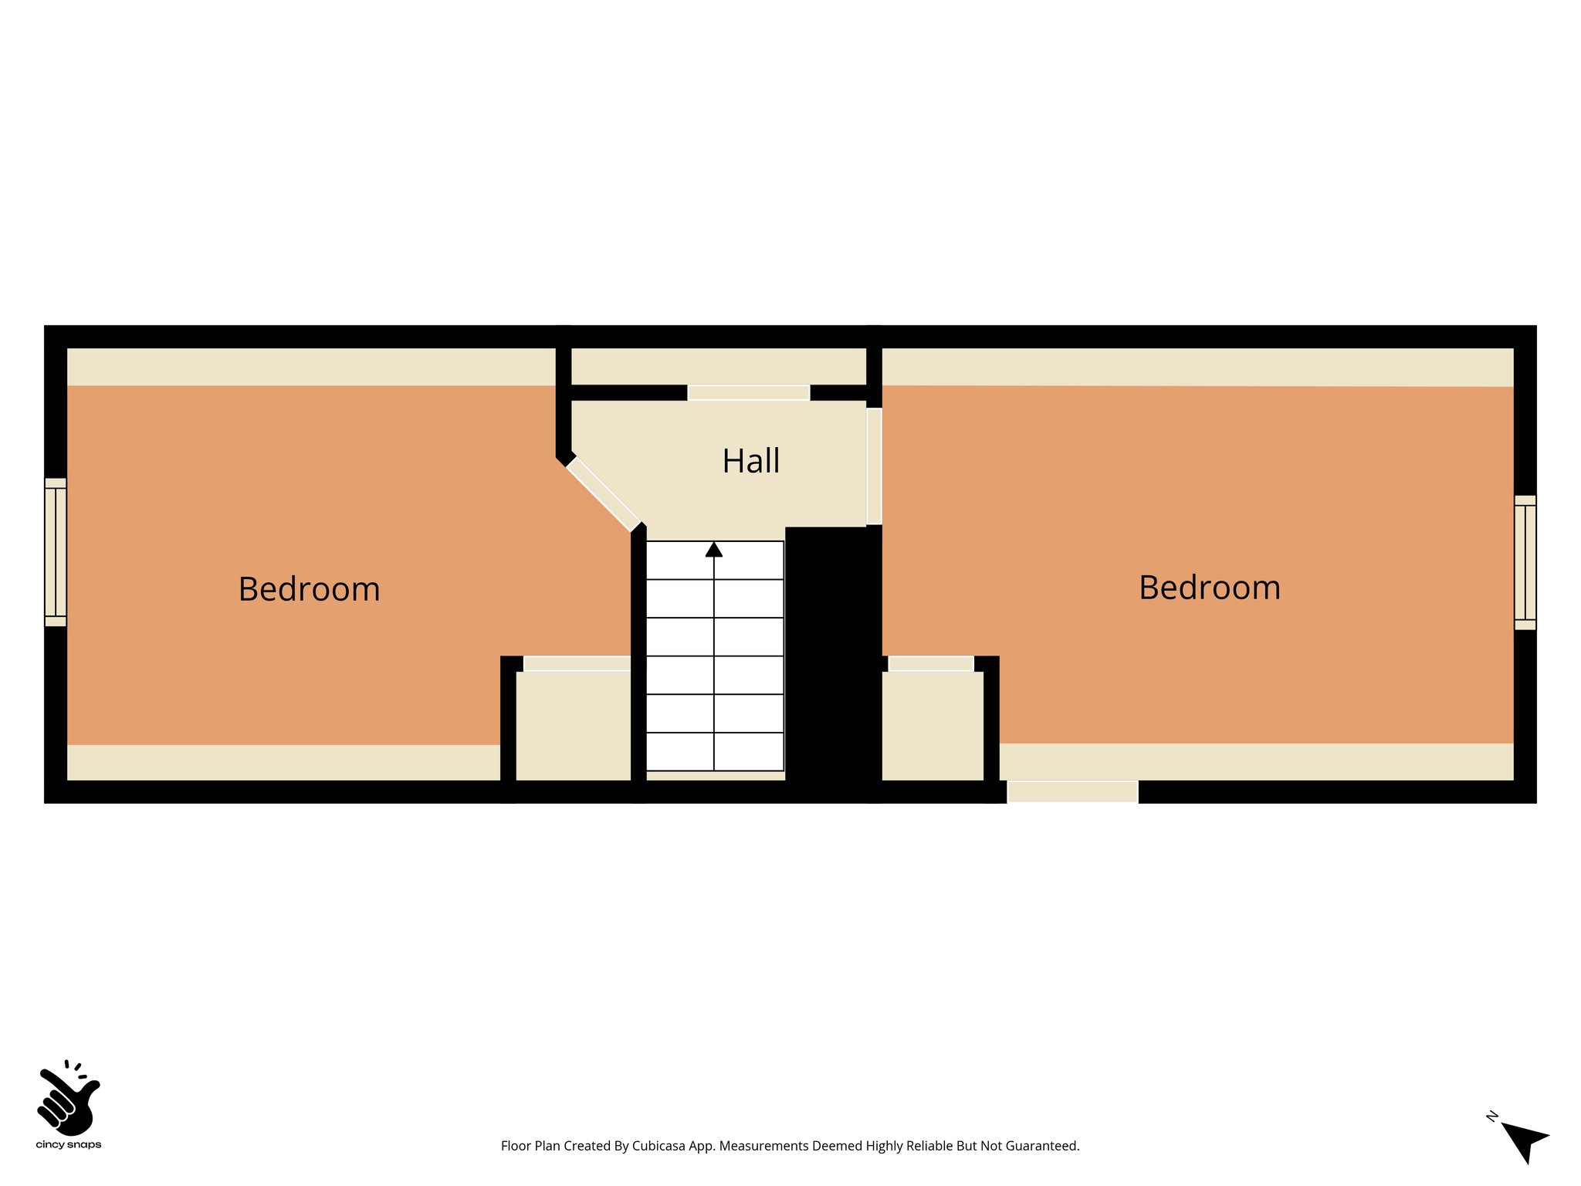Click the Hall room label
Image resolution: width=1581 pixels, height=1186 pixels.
click(750, 461)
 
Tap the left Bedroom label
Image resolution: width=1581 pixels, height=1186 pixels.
click(309, 589)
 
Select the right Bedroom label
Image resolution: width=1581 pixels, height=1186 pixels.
click(1210, 588)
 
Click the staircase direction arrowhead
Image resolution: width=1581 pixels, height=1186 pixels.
click(714, 550)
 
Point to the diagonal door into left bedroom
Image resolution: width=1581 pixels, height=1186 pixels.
click(603, 494)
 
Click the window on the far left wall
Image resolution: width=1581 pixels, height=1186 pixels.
click(56, 552)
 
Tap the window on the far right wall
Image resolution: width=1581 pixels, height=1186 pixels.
click(1525, 562)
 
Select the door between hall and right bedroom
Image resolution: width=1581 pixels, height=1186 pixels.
click(874, 466)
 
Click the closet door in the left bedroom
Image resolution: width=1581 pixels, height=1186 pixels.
click(577, 663)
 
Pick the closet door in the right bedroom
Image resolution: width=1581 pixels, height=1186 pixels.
click(930, 663)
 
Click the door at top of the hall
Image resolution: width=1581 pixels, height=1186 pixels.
click(748, 392)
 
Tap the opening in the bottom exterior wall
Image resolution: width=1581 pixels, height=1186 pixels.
click(1072, 791)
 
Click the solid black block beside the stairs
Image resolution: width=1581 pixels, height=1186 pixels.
click(832, 656)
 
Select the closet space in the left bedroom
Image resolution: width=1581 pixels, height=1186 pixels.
click(573, 726)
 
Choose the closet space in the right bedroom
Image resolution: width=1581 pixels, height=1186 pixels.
click(932, 726)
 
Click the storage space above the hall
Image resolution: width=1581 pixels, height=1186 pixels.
click(718, 366)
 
